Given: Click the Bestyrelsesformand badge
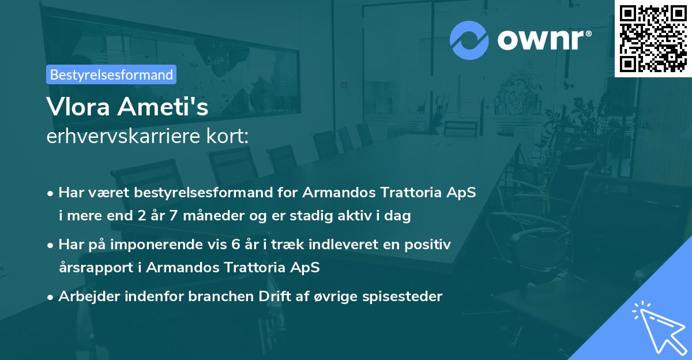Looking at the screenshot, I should (x=111, y=74).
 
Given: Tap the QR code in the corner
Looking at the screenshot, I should (x=653, y=38).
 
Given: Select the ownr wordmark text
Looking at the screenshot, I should (x=543, y=40).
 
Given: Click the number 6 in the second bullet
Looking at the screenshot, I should (x=235, y=244).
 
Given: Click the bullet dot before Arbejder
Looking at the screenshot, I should (x=51, y=297).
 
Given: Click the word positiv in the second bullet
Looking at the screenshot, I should (x=429, y=244).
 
